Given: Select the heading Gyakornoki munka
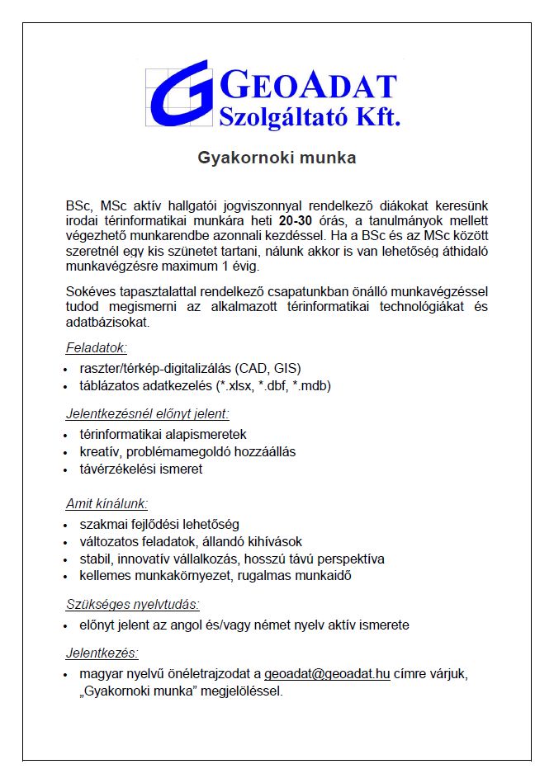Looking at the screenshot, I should click(277, 158).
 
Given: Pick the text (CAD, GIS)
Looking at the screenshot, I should click(268, 367).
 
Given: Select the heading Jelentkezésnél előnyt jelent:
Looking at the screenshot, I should click(148, 413).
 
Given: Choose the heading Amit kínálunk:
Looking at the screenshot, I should click(107, 503).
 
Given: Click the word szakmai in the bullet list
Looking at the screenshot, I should click(102, 524).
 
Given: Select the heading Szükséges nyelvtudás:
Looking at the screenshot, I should click(133, 604).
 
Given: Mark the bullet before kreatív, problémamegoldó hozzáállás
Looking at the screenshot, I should click(66, 451).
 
